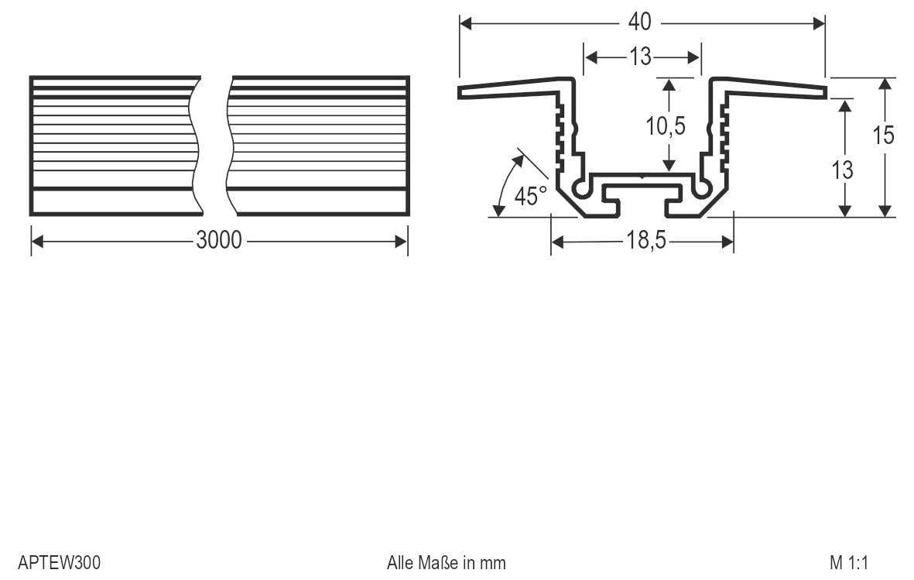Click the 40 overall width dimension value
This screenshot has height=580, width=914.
click(639, 22)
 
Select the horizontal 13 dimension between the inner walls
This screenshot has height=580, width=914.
click(640, 57)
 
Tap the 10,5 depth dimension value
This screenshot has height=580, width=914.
click(666, 126)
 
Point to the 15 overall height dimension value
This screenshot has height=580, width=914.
click(883, 135)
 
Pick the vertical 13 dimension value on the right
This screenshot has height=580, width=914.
click(843, 170)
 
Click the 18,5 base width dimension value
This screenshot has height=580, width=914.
click(645, 242)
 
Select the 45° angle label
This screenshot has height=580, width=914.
click(530, 197)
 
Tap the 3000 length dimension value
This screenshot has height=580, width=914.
click(219, 241)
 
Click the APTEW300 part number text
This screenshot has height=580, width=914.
click(60, 562)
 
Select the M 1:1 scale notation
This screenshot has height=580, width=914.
click(851, 562)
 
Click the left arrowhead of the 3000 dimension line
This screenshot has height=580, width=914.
click(36, 242)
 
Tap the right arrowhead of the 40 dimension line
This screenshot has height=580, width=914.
click(820, 23)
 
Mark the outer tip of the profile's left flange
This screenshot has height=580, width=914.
click(460, 93)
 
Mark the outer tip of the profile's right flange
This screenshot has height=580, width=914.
click(824, 93)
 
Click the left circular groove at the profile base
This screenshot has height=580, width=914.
click(580, 188)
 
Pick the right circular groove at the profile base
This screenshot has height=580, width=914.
click(703, 188)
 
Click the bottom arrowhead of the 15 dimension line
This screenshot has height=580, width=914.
click(885, 211)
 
